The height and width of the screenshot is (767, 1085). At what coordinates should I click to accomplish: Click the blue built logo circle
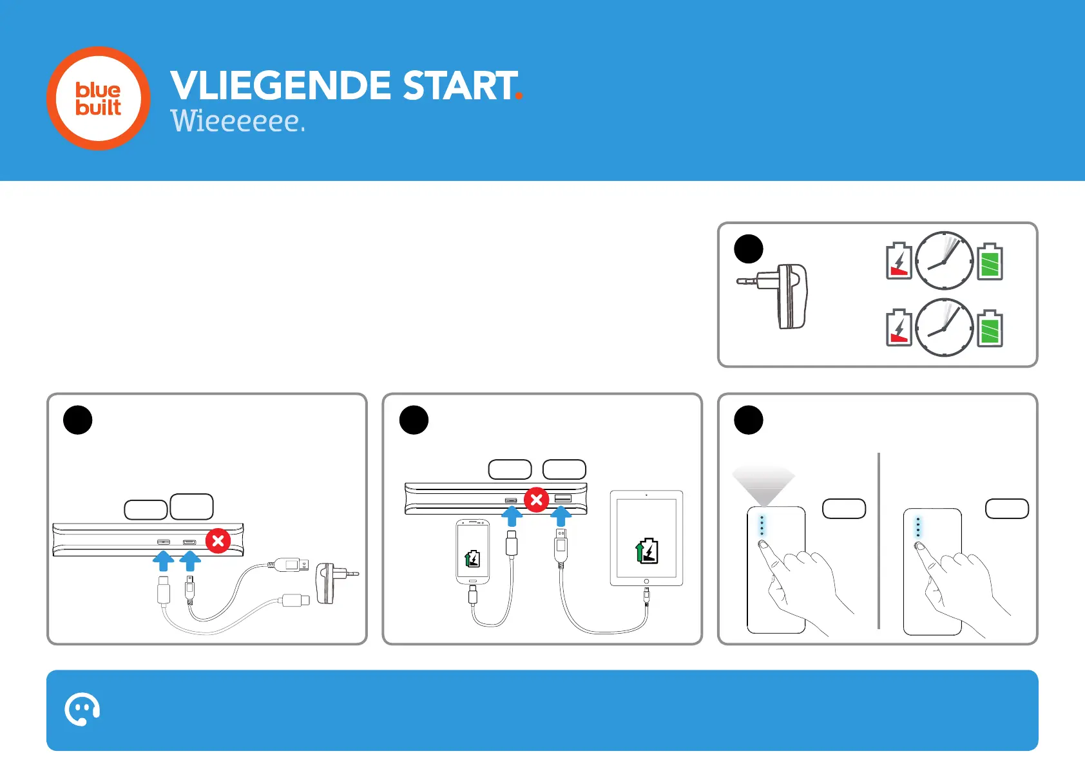99,99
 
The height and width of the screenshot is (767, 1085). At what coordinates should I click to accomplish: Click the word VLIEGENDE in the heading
280,86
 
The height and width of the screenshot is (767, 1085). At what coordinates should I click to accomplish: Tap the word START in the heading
459,86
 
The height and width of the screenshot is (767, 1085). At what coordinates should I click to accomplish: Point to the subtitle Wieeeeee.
237,120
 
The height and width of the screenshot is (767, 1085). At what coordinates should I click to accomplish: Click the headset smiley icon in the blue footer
82,710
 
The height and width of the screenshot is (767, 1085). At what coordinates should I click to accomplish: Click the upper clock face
944,261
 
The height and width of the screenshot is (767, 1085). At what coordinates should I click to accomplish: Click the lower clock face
944,328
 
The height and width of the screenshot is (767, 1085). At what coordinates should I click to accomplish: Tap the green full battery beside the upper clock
990,261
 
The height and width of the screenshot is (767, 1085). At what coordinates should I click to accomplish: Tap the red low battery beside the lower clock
899,328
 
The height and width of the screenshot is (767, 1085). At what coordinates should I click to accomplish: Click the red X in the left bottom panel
218,540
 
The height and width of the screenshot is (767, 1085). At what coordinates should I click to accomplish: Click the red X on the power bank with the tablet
536,500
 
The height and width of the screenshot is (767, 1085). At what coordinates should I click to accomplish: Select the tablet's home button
646,582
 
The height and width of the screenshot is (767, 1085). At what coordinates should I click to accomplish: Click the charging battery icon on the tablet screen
647,551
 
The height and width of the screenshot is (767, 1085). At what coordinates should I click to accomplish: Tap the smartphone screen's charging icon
472,559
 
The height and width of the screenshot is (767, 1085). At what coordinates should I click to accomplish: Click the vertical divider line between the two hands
879,541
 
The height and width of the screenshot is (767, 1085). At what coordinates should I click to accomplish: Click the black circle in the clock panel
749,249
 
